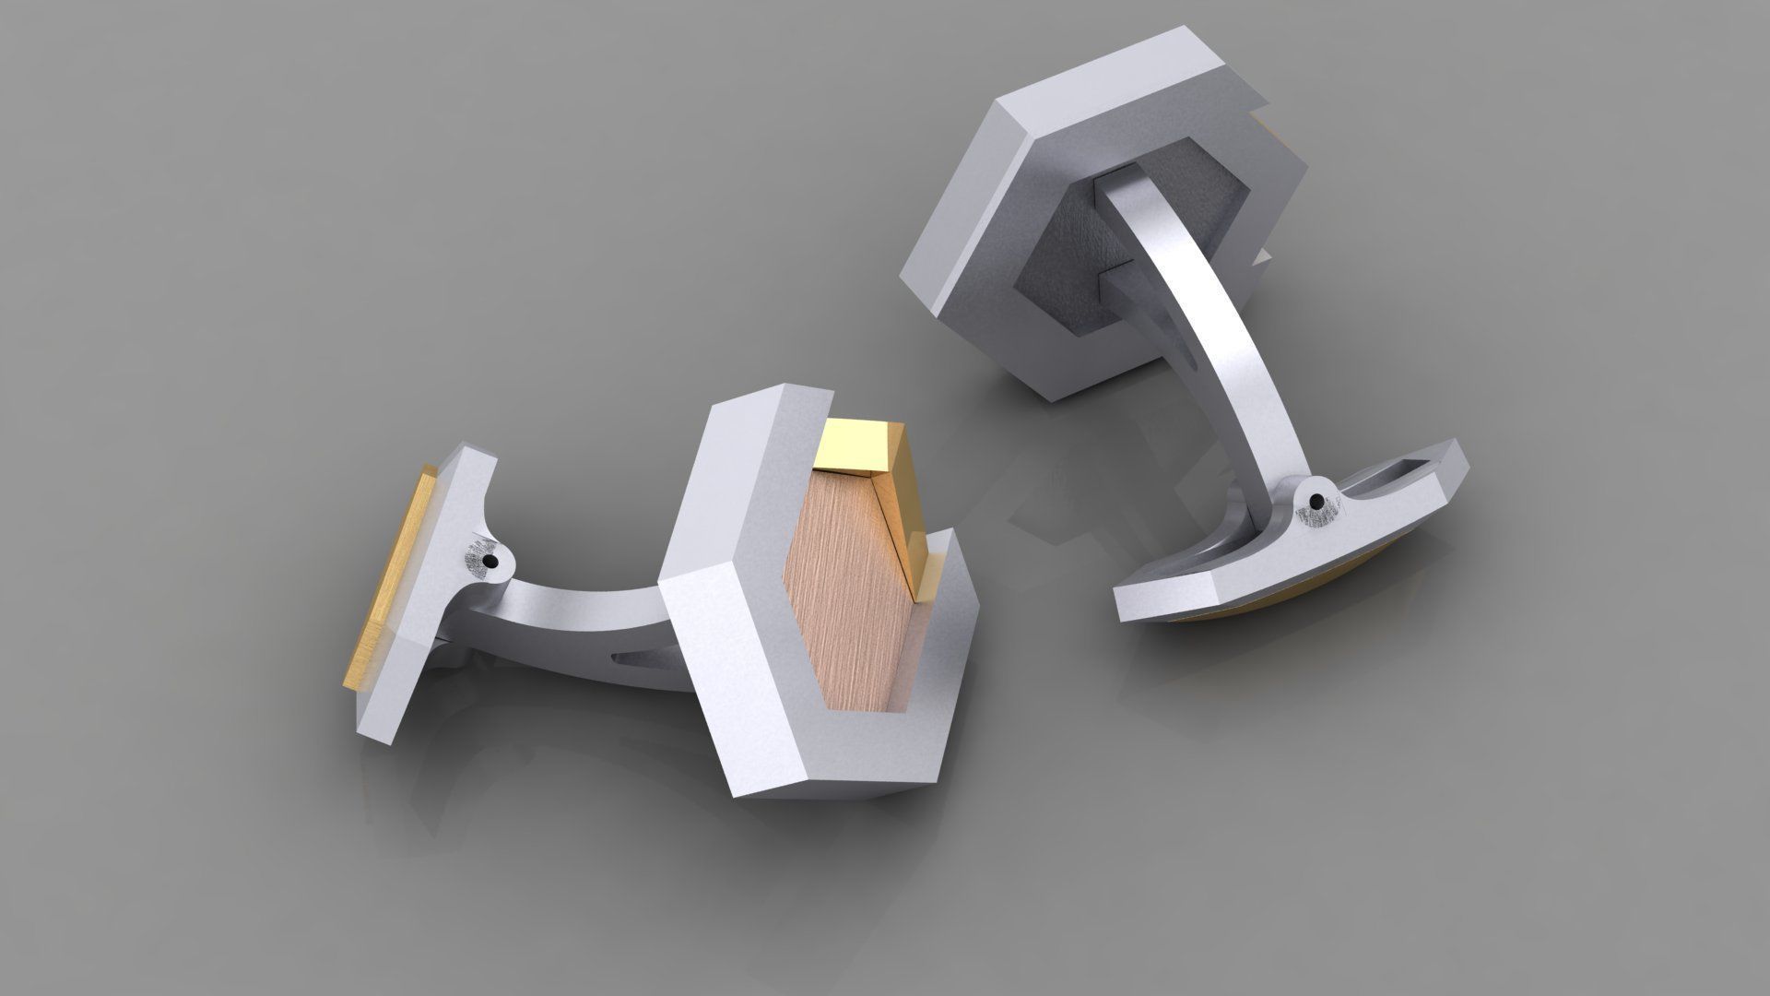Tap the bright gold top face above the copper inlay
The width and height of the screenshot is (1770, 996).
tap(857, 442)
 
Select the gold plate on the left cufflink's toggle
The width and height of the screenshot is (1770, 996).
tap(387, 572)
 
